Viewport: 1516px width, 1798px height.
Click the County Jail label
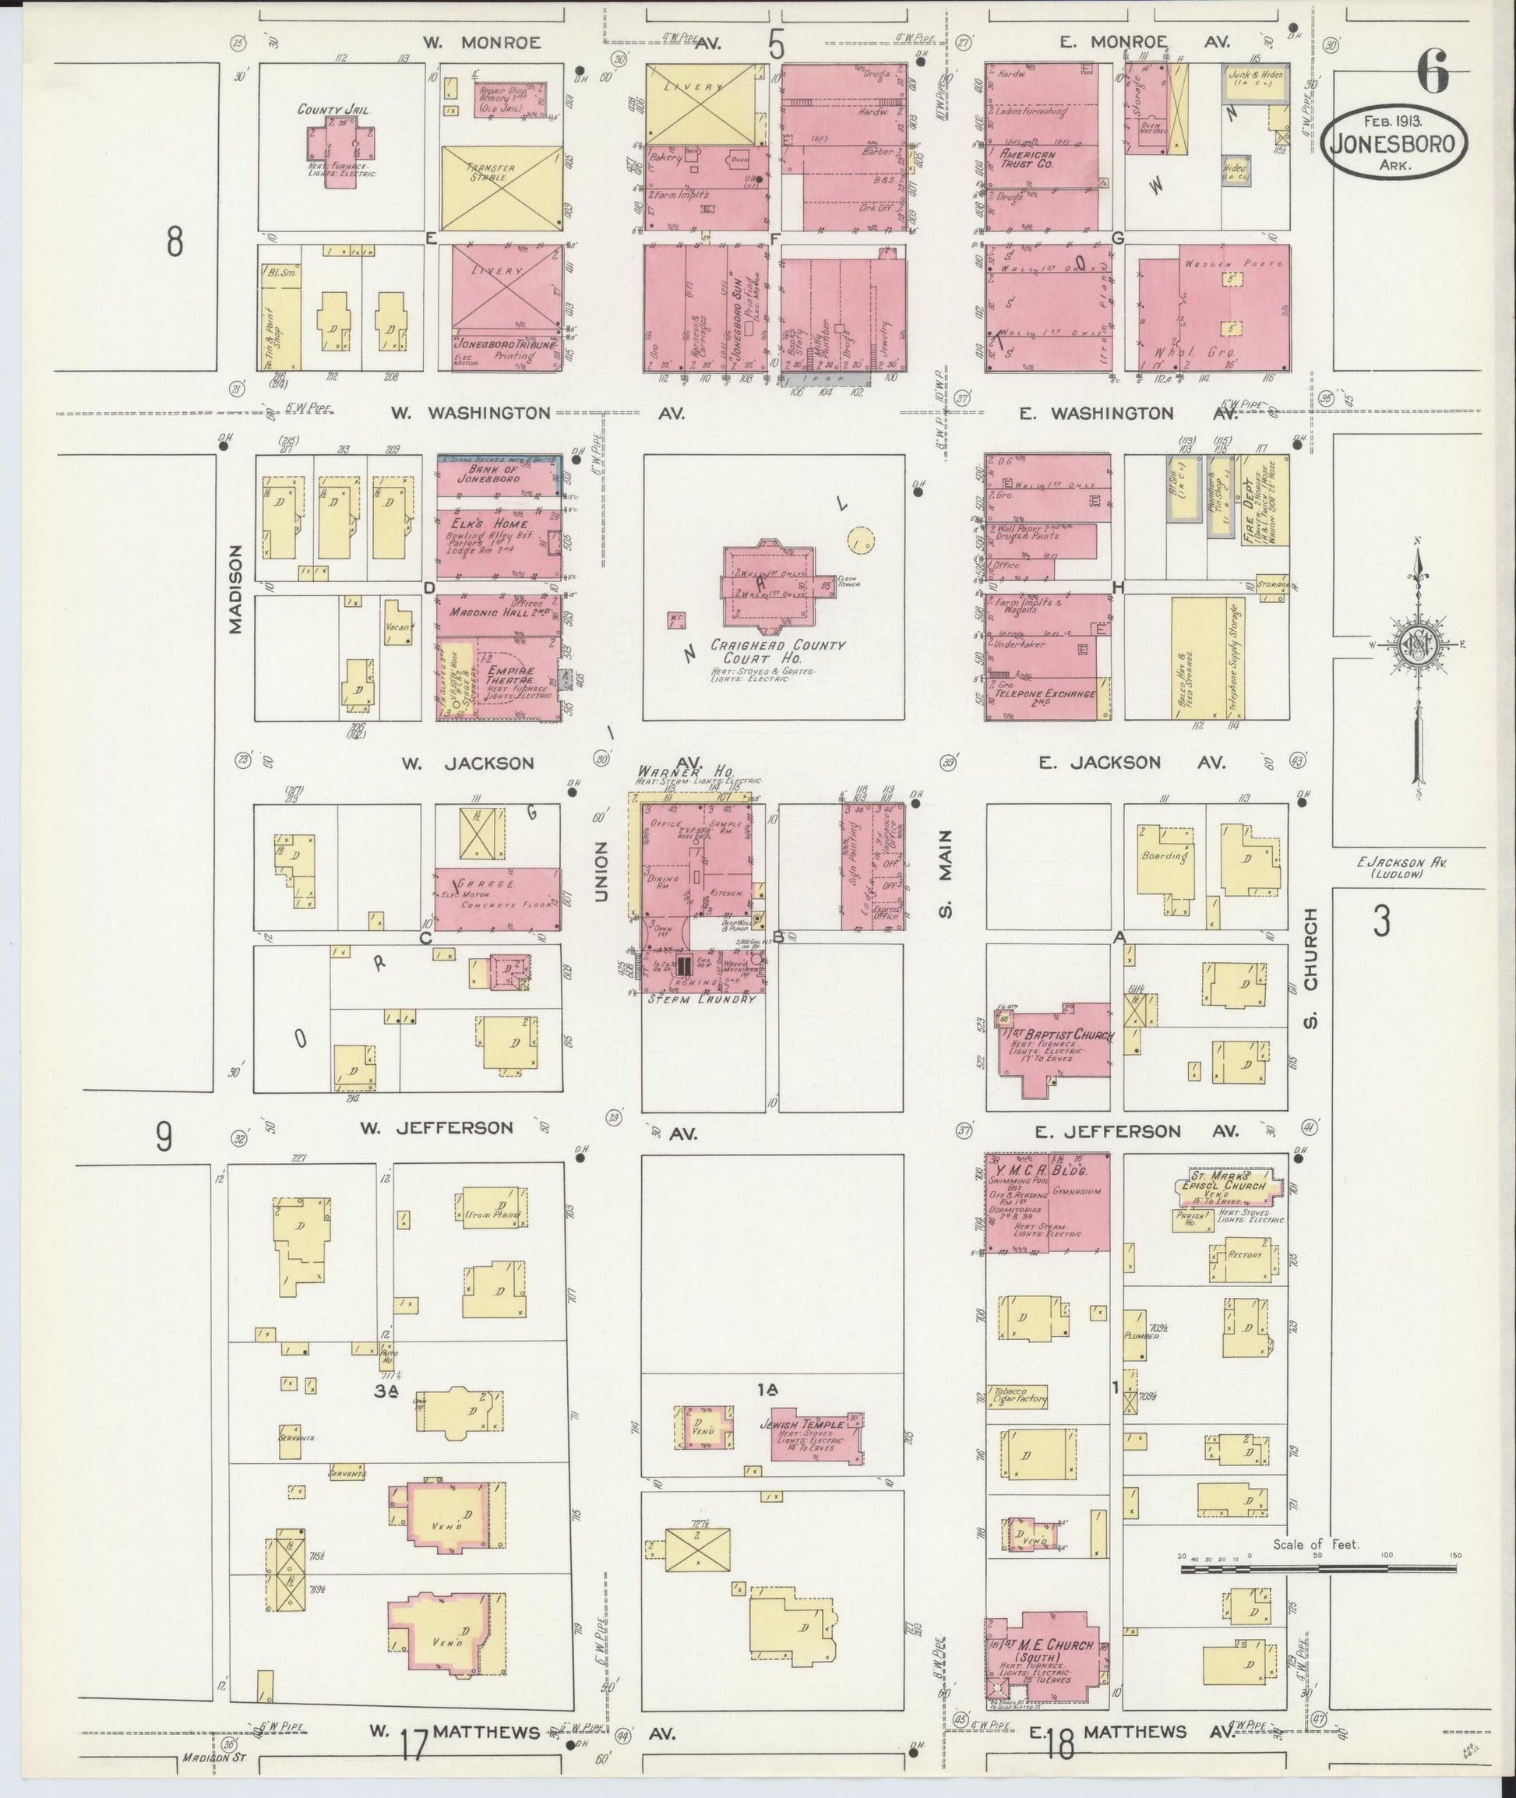[x=326, y=109]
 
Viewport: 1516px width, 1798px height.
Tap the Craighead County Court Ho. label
[x=778, y=650]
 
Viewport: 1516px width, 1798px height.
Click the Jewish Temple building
[x=816, y=1433]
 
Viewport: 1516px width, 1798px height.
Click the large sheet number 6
[x=1432, y=72]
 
